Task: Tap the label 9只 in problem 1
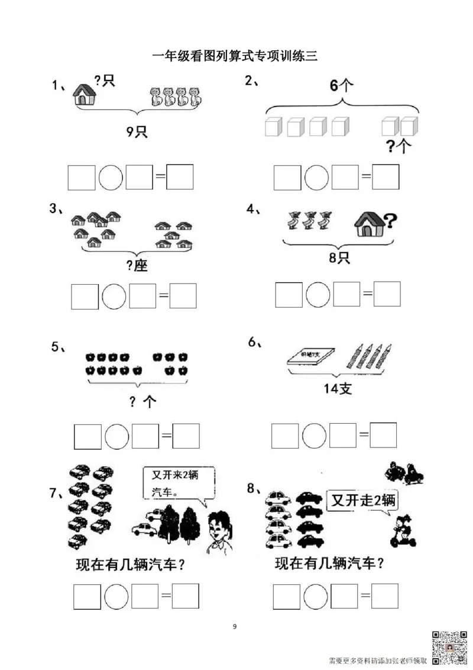137,131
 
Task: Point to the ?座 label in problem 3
137,266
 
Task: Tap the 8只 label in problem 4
341,258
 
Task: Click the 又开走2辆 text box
363,501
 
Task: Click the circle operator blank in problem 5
116,436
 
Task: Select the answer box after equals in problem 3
183,296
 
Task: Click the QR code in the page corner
449,647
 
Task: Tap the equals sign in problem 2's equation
367,176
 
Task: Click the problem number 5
58,347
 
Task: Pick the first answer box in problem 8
287,596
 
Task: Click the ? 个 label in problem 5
142,402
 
